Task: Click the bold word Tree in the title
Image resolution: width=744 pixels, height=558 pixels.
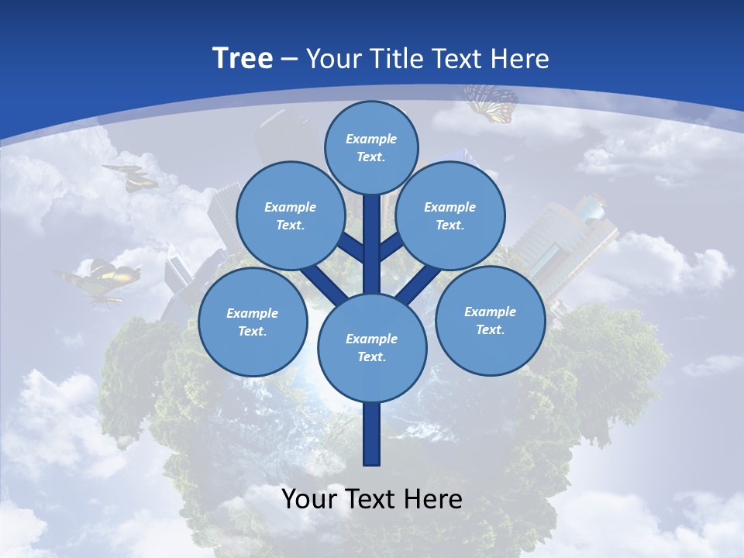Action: tap(243, 58)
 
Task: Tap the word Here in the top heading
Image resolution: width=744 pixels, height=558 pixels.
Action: tap(522, 58)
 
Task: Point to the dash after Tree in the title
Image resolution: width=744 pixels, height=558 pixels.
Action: tap(290, 59)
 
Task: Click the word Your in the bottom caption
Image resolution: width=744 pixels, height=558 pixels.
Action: tap(308, 498)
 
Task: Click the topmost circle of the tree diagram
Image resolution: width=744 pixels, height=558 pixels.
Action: tap(371, 147)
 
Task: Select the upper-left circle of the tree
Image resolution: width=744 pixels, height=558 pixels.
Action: tap(290, 215)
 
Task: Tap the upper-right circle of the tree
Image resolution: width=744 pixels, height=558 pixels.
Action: tap(450, 215)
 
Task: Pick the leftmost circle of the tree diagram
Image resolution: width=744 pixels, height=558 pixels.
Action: tap(252, 322)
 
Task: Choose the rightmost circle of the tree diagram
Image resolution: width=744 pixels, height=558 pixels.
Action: tap(490, 320)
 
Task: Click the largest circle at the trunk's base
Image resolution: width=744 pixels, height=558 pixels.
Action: tap(371, 347)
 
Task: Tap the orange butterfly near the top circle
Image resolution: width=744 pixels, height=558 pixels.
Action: tap(491, 103)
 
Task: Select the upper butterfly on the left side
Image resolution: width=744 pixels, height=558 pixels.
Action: tap(132, 177)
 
